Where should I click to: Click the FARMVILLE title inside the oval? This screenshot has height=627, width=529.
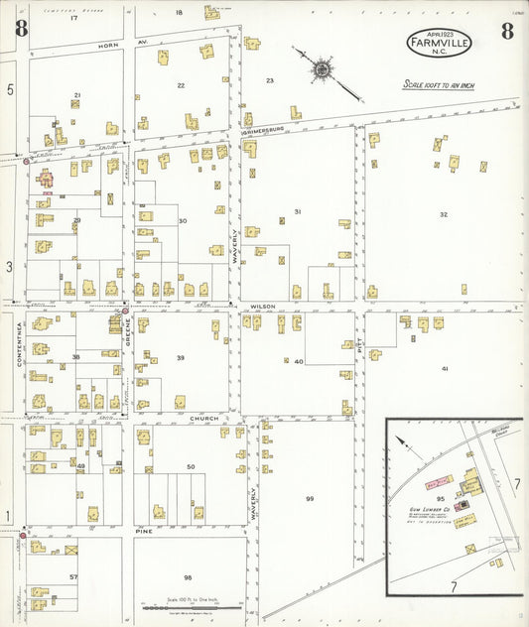[438, 43]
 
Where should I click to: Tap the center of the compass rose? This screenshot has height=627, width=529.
[323, 69]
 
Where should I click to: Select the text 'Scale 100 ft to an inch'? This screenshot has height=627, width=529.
[438, 86]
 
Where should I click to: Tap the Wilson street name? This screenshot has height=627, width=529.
[262, 307]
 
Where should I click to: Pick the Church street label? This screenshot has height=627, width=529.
[203, 418]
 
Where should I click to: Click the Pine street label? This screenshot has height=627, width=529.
[143, 532]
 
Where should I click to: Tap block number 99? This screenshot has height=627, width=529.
[310, 498]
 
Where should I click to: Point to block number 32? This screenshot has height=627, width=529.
[444, 214]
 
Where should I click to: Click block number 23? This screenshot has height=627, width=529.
[269, 79]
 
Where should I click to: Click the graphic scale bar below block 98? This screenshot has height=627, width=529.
[180, 608]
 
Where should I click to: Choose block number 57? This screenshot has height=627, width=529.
[72, 575]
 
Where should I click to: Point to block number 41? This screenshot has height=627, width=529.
[445, 368]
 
